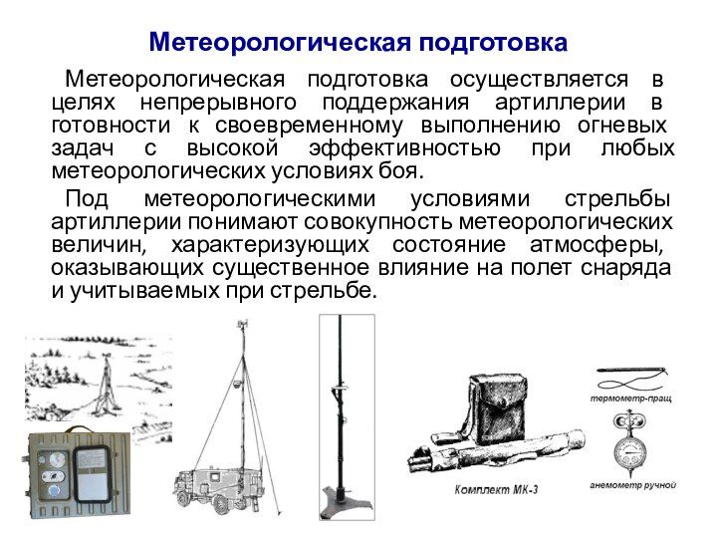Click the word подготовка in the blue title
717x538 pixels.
coord(493,43)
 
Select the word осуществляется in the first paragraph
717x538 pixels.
coord(539,79)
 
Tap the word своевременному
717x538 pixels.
coord(309,126)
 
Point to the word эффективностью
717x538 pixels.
coord(404,148)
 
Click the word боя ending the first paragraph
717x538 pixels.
coord(402,171)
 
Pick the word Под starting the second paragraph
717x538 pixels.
coord(87,199)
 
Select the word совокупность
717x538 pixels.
coord(378,222)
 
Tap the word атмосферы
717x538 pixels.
coord(597,245)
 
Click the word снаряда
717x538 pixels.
coord(626,268)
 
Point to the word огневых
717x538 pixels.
coord(621,126)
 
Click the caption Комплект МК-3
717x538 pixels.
coord(496,490)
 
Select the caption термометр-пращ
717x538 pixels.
coord(631,399)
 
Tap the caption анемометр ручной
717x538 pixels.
coord(633,485)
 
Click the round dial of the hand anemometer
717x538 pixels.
coord(629,450)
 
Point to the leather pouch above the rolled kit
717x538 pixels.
coord(498,408)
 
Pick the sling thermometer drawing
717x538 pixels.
coord(631,377)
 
